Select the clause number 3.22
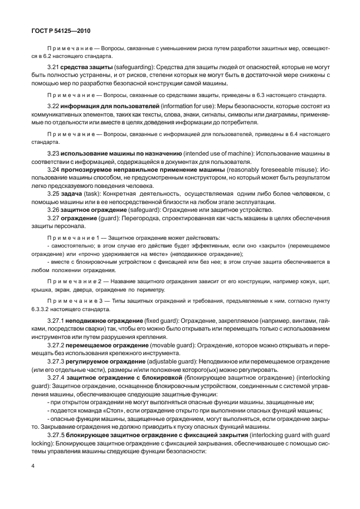coord(53,106)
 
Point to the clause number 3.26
coord(53,209)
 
